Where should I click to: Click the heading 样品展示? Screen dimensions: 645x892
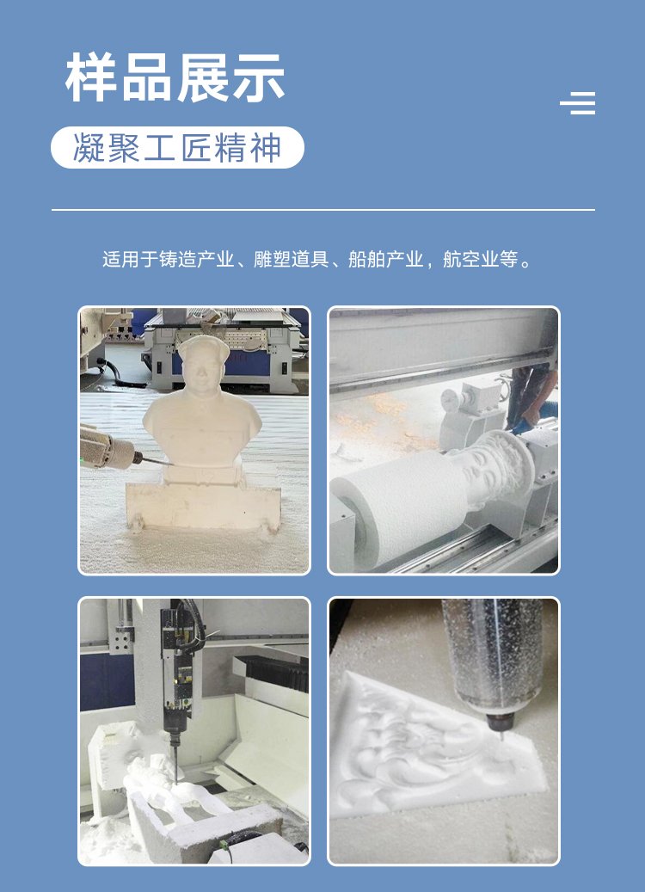(175, 77)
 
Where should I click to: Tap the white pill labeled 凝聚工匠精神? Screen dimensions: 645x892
(177, 147)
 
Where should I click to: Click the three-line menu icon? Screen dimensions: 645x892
(578, 103)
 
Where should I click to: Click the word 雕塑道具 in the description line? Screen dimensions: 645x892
(291, 260)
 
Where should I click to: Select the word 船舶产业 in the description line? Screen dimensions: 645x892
(385, 260)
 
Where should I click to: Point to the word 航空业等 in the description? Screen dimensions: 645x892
(480, 260)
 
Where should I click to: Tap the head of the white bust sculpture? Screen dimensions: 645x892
(202, 363)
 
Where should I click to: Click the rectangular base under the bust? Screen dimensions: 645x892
(203, 507)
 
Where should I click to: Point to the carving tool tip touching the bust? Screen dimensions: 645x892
(170, 464)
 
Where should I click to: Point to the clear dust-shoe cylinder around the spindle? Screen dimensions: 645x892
(493, 655)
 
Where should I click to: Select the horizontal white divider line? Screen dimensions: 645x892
(323, 210)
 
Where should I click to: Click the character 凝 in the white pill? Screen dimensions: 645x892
(89, 148)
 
